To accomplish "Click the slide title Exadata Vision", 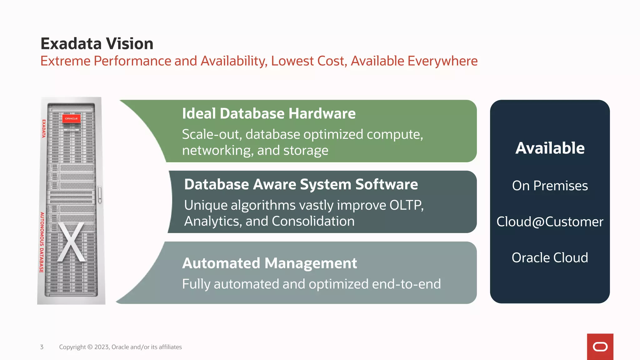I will click(x=97, y=44).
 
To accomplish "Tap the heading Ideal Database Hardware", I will click(x=269, y=113).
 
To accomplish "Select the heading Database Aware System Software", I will click(x=301, y=184).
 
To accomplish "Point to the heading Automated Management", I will click(x=269, y=263).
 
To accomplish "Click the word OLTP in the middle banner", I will click(x=406, y=205).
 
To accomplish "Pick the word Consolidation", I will click(x=313, y=221).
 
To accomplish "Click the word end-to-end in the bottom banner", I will click(x=406, y=284).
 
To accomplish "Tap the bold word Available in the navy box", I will click(x=550, y=148).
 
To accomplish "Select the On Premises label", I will click(x=550, y=186).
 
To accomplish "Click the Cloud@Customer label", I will click(x=550, y=222).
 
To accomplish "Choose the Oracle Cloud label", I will click(x=550, y=258).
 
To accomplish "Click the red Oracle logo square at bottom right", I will click(x=600, y=347).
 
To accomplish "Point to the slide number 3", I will click(x=42, y=347).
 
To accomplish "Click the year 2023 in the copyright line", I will click(x=102, y=347).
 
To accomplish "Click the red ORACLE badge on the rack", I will click(x=71, y=118).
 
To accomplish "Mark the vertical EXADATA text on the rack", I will click(x=44, y=128).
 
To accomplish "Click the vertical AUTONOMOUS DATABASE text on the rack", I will click(x=42, y=242).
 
